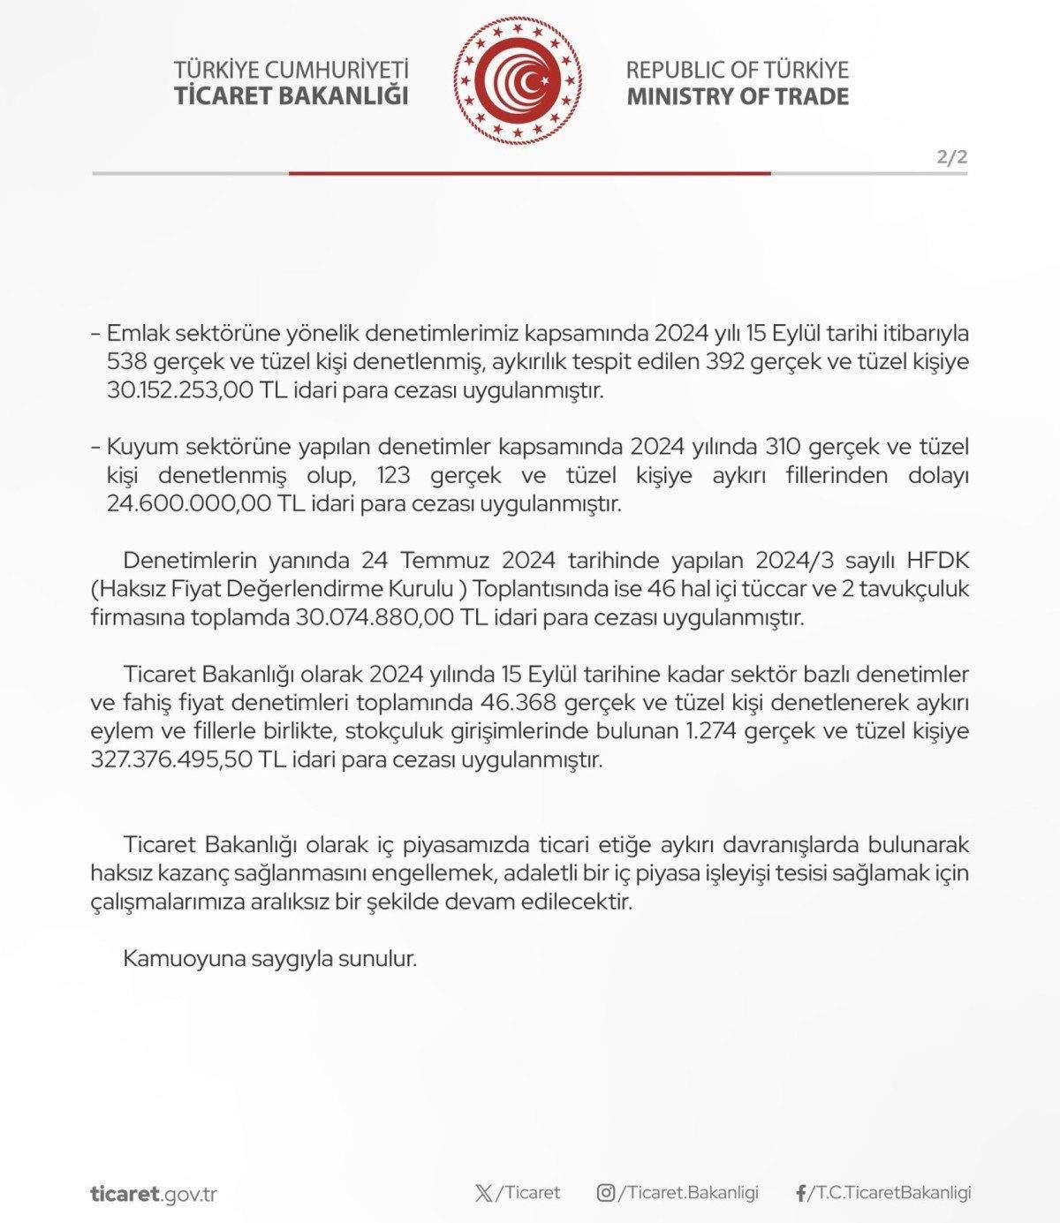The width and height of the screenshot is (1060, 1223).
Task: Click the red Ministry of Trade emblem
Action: tap(519, 82)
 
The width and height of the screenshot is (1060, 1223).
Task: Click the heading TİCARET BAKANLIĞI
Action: tap(291, 96)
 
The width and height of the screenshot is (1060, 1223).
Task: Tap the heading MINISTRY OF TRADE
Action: tap(738, 96)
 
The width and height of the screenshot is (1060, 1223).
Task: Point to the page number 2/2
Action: tap(952, 158)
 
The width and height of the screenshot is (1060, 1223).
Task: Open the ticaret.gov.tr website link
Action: tap(153, 1194)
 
